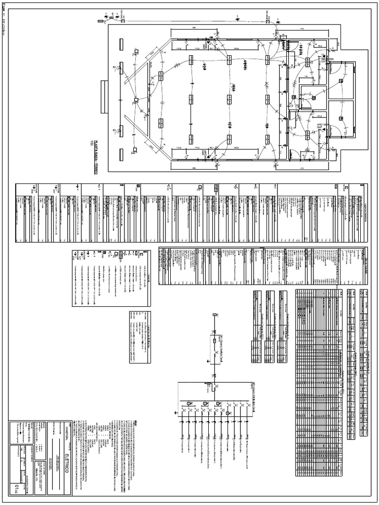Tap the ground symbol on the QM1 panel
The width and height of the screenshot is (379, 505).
pos(208,361)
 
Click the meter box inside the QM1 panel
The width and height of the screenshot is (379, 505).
pos(214,341)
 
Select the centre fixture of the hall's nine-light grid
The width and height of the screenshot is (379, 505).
pos(229,99)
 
